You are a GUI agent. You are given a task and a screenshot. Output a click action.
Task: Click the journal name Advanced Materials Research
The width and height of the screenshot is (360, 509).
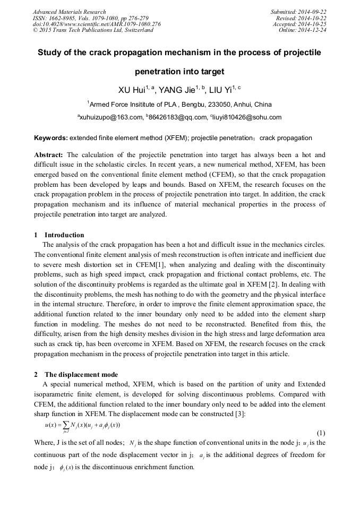[x=69, y=12]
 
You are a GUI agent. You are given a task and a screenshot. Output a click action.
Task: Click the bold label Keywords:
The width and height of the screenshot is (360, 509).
[x=51, y=138]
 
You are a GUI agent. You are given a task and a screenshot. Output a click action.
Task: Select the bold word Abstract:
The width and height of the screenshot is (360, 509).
[x=49, y=155]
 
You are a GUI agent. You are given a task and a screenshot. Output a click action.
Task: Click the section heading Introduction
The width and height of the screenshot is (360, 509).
[x=64, y=235]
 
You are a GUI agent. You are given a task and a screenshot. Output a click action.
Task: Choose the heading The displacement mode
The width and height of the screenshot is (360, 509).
[x=81, y=374]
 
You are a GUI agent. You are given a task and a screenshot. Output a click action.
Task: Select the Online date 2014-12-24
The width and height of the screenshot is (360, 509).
[x=312, y=30]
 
